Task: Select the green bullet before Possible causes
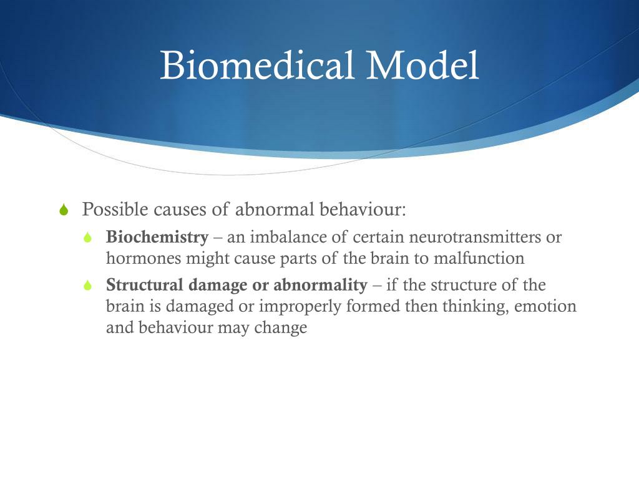coord(63,210)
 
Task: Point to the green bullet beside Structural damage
coord(88,286)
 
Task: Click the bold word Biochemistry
coord(157,238)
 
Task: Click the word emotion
coord(545,307)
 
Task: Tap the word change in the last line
coord(281,327)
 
